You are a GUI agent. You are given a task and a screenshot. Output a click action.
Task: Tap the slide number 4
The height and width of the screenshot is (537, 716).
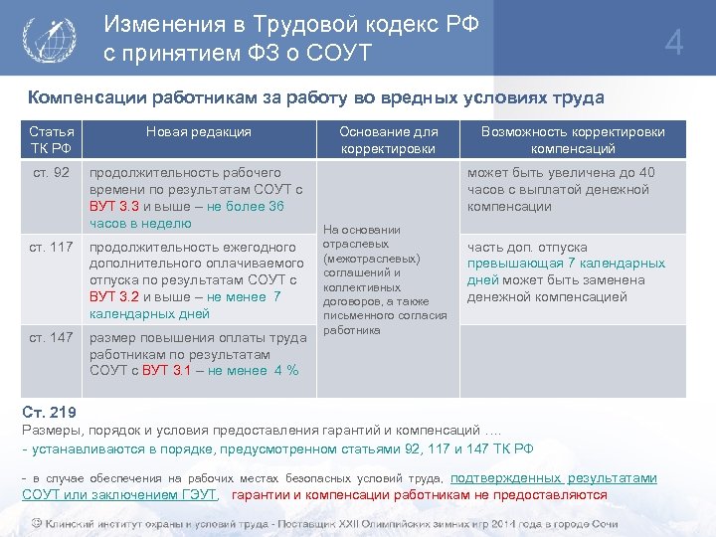coord(674,44)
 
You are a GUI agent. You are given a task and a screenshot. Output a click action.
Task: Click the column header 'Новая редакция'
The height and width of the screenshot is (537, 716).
coord(199,131)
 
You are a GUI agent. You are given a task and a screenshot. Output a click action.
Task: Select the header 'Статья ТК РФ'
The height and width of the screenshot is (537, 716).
coord(50,140)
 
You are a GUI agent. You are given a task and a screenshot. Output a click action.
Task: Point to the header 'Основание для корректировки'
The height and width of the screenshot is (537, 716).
coord(388,140)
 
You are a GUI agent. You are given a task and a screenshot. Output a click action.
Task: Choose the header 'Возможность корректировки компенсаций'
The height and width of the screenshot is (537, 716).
coord(573,140)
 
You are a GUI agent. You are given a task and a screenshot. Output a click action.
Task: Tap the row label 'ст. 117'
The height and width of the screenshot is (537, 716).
coord(51,247)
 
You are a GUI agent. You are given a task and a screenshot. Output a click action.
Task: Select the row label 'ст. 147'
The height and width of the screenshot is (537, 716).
coord(51,337)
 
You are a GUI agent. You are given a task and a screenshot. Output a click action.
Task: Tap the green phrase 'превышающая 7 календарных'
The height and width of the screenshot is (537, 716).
coord(567,264)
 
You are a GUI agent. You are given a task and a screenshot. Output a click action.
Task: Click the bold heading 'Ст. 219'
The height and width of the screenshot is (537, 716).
coord(49,413)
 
